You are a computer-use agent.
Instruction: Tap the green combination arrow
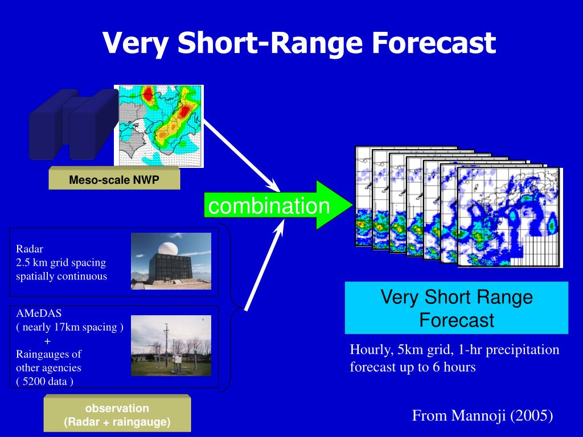coord(278,205)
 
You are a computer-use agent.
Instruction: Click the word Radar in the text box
coord(30,249)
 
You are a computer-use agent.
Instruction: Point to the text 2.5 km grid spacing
coord(61,263)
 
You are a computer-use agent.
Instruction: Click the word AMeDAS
coord(39,314)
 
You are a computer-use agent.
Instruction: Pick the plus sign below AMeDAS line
coord(47,341)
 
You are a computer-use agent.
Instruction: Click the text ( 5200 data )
coord(44,381)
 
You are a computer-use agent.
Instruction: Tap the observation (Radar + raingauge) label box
coord(117,415)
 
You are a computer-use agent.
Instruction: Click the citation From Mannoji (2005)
coord(482,415)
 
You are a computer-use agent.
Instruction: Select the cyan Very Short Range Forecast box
coord(457,308)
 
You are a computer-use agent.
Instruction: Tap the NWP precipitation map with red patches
coord(159,126)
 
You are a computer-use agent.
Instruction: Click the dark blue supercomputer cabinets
coord(73,125)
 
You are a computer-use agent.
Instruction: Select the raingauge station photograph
coord(171,345)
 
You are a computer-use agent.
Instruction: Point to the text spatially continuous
coord(61,276)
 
